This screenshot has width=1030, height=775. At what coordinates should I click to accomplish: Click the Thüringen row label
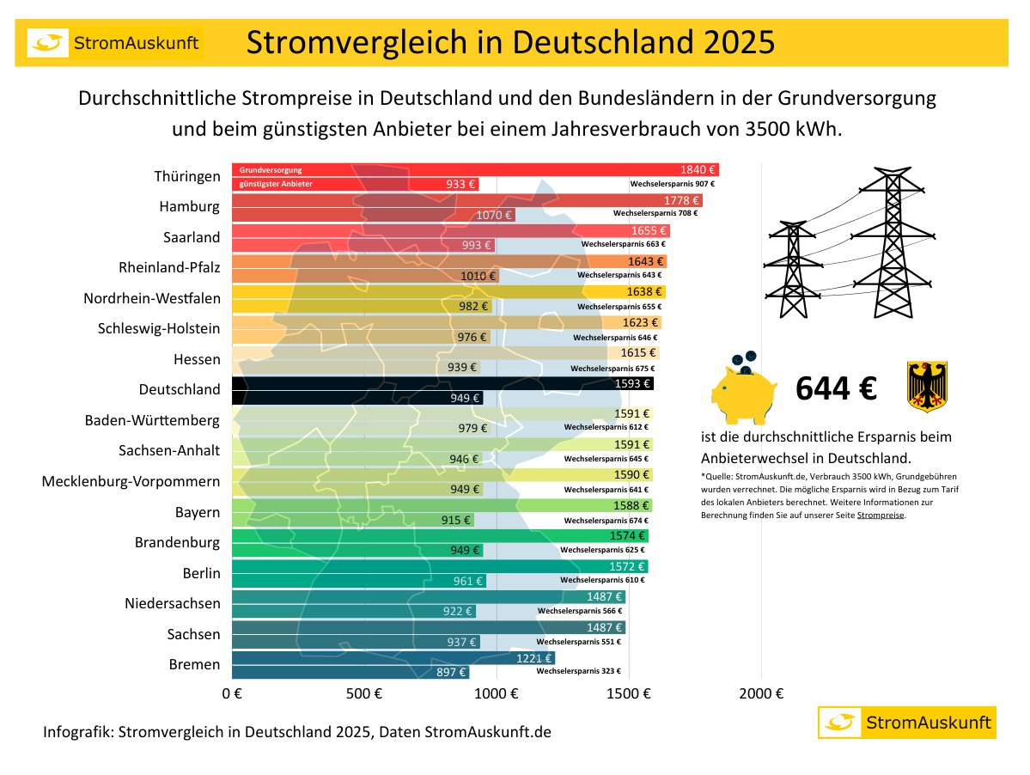click(186, 176)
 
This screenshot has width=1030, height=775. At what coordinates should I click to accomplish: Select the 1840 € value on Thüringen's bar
click(698, 170)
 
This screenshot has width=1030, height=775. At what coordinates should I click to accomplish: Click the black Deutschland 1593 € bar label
click(634, 383)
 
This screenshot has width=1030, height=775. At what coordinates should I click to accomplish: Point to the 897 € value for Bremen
click(451, 673)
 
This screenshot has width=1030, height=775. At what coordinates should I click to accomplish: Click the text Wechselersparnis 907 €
click(673, 184)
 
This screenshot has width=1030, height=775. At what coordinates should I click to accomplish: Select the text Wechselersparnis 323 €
click(578, 671)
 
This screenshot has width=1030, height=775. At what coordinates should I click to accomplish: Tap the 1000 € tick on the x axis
click(496, 693)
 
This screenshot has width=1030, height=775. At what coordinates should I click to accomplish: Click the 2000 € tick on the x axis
click(760, 693)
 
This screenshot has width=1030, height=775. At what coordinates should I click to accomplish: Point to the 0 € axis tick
click(232, 693)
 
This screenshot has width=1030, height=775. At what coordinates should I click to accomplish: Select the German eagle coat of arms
click(927, 387)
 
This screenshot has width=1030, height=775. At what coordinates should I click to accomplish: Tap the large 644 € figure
click(835, 388)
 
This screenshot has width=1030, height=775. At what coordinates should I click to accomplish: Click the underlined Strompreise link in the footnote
click(881, 516)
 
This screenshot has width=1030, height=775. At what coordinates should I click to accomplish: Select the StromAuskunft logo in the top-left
click(114, 43)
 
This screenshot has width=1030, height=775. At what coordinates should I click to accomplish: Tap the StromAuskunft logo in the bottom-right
click(906, 723)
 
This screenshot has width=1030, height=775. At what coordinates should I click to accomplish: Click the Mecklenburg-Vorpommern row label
click(131, 481)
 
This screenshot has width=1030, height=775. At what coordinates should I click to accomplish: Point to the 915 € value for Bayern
click(456, 520)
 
